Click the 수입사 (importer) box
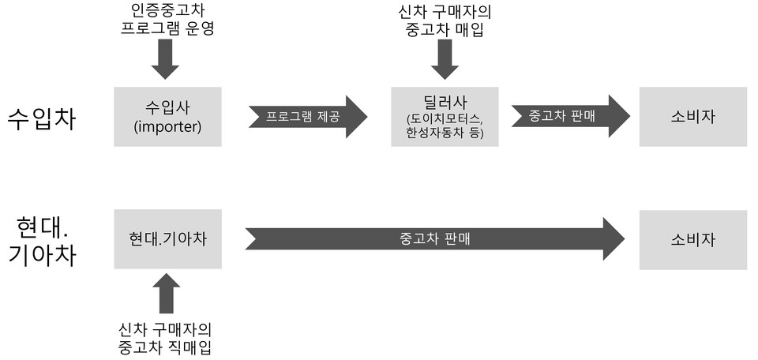[167, 116]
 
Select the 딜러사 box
[445, 116]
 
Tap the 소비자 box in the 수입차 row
[692, 116]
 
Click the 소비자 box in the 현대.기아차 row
[692, 239]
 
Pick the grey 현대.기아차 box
[167, 239]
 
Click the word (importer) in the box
[167, 126]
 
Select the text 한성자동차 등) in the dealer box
[445, 133]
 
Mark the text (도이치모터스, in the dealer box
[445, 118]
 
